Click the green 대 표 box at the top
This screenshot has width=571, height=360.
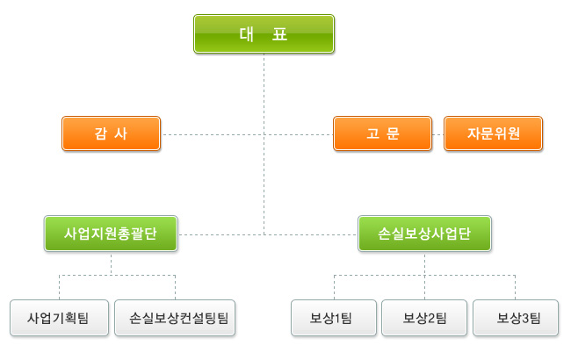264,34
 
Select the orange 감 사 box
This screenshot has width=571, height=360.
111,134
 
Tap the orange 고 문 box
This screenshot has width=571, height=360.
382,134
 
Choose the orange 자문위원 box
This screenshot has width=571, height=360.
493,134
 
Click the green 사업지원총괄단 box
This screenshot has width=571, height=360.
111,234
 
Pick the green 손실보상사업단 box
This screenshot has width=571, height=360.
424,234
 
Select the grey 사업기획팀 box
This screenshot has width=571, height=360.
58,317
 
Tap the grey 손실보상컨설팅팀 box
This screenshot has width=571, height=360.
176,317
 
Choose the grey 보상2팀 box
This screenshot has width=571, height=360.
424,317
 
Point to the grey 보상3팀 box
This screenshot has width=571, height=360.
516,317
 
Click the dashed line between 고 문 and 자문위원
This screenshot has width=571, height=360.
437,134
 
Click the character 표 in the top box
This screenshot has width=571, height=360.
282,34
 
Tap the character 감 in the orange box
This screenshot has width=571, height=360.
100,134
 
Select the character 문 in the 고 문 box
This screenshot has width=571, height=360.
393,134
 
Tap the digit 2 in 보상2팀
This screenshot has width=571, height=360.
428,317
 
